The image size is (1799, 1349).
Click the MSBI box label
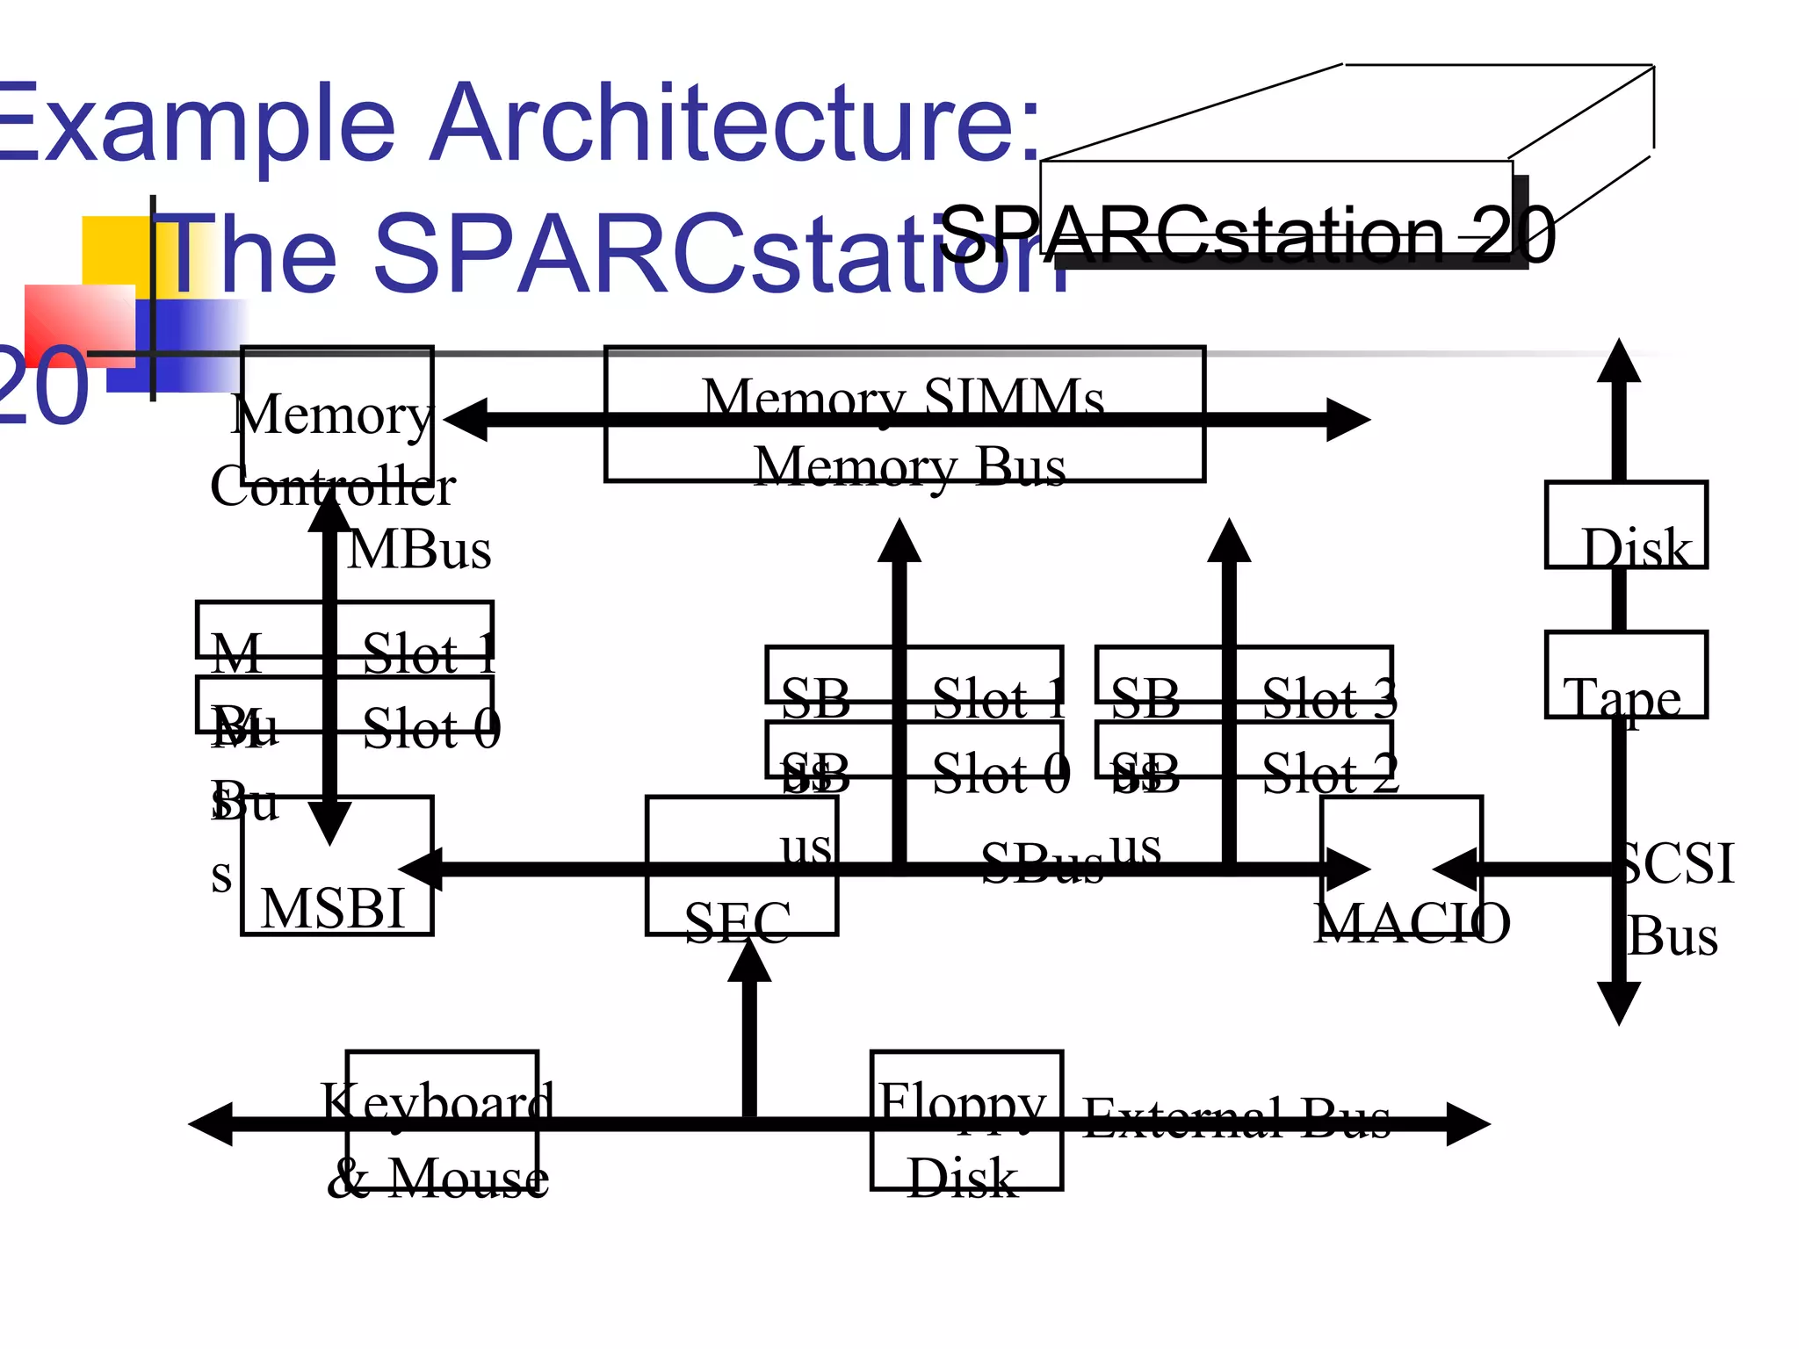pos(333,908)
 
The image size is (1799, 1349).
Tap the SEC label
pos(737,922)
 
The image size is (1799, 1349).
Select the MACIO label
pos(1412,923)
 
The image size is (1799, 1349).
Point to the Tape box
pos(1626,674)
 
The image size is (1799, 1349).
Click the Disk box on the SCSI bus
pos(1626,525)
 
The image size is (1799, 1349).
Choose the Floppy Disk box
pos(966,1120)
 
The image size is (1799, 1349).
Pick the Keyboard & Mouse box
pos(442,1120)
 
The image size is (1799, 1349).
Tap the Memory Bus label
pos(910,465)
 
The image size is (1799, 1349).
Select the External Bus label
pos(1237,1117)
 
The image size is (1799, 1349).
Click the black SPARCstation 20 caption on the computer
pos(1247,234)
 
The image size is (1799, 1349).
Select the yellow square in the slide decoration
pos(114,249)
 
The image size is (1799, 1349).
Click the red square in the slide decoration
pos(79,325)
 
